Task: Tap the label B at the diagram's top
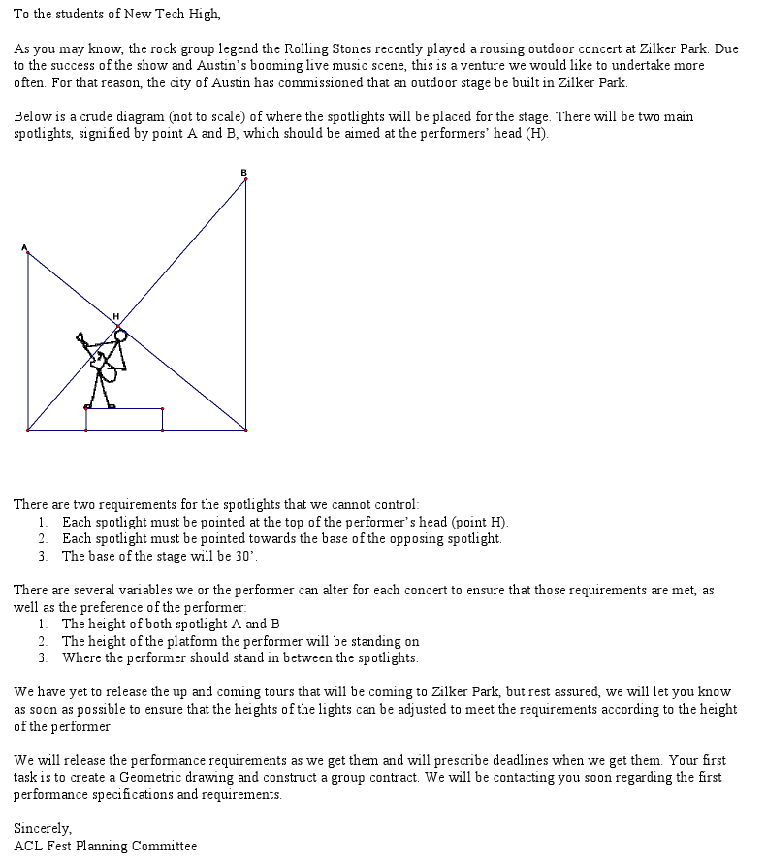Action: (244, 173)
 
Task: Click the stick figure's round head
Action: (120, 336)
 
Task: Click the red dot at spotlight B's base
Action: (245, 429)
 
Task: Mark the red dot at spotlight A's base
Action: (27, 429)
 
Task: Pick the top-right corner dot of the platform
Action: (162, 408)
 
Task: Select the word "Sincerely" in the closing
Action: (42, 828)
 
